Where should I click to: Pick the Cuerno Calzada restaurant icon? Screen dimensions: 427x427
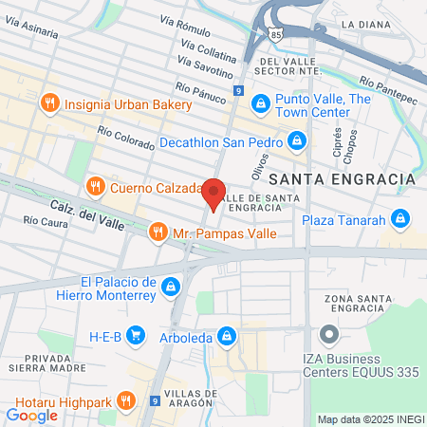(95, 186)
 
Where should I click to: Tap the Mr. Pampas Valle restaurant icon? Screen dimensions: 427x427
(158, 231)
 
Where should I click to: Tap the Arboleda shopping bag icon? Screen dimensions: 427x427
(227, 335)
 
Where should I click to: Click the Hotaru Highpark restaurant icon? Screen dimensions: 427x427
(130, 401)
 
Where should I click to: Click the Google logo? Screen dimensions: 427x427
(31, 415)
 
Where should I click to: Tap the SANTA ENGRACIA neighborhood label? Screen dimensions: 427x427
(343, 178)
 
